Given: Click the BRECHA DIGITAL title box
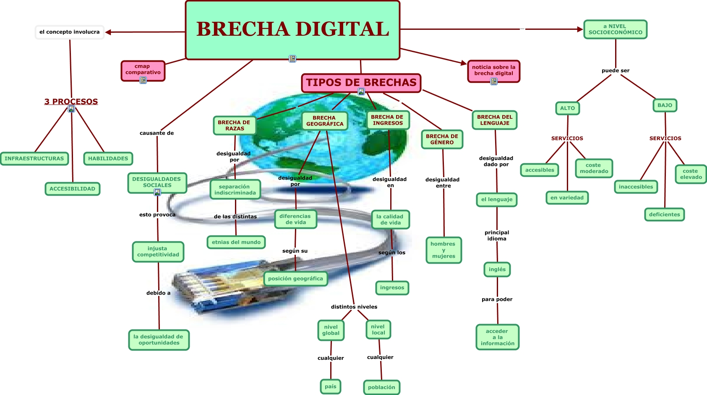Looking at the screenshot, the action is pyautogui.click(x=292, y=29).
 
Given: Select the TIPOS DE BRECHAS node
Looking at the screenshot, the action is pyautogui.click(x=361, y=82).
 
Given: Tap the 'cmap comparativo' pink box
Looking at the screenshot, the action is pyautogui.click(x=143, y=70).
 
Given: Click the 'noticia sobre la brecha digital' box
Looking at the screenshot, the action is pyautogui.click(x=493, y=70).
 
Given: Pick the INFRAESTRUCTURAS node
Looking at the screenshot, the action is pyautogui.click(x=34, y=159).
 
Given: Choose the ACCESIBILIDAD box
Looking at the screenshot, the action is pyautogui.click(x=72, y=189).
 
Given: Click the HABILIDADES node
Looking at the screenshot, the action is pyautogui.click(x=108, y=159).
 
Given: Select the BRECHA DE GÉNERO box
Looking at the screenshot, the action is pyautogui.click(x=442, y=139).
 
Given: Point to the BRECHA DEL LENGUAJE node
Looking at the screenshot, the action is pyautogui.click(x=494, y=120).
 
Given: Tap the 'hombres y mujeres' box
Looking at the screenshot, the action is pyautogui.click(x=444, y=250).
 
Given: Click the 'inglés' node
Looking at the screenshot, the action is pyautogui.click(x=497, y=269).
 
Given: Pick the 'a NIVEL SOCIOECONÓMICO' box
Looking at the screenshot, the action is pyautogui.click(x=615, y=29).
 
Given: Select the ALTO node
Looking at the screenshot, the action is pyautogui.click(x=567, y=108).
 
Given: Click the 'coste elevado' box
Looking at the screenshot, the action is pyautogui.click(x=691, y=174).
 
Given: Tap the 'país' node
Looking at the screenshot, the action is pyautogui.click(x=330, y=387).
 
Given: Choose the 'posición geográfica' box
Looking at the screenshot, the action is pyautogui.click(x=295, y=279).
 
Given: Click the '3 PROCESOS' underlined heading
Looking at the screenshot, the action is pyautogui.click(x=71, y=102).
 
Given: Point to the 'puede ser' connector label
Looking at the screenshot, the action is pyautogui.click(x=615, y=71).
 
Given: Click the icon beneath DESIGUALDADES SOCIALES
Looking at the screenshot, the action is pyautogui.click(x=157, y=192).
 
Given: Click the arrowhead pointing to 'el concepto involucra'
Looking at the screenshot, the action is pyautogui.click(x=108, y=32).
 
